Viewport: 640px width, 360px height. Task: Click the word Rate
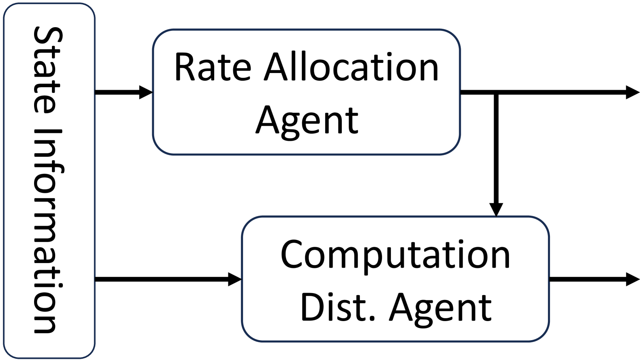[213, 67]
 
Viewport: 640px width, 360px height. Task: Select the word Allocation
[351, 67]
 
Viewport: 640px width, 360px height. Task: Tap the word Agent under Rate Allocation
[307, 120]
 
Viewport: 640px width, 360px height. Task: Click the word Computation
[395, 255]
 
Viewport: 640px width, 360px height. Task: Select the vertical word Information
[48, 231]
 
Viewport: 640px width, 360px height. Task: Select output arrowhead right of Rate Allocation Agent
[633, 92]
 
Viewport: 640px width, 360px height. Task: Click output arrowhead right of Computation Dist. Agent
[633, 279]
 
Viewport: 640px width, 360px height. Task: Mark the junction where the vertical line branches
[496, 93]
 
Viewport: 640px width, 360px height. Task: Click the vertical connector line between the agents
[496, 150]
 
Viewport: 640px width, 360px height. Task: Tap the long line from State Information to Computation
[162, 279]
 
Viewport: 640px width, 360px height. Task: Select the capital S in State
[48, 37]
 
